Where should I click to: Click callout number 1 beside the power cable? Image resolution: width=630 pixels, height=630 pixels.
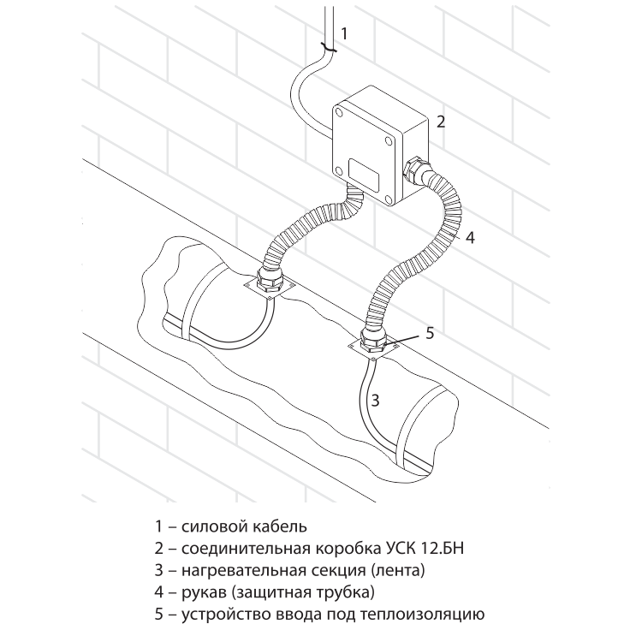(344, 33)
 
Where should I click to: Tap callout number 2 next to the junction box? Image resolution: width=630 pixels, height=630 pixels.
(441, 122)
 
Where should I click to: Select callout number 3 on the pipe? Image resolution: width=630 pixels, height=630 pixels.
(374, 401)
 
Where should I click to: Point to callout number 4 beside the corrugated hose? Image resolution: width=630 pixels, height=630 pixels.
(470, 237)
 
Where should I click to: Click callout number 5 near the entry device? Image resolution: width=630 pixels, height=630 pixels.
(430, 333)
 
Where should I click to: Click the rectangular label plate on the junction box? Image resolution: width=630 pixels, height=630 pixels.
(364, 175)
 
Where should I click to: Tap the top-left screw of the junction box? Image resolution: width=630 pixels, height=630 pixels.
(341, 112)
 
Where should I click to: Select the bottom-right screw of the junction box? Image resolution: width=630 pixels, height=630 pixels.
(388, 198)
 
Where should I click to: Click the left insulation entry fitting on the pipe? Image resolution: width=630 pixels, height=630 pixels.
(269, 281)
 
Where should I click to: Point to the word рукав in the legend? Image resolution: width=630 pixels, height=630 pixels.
(204, 592)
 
